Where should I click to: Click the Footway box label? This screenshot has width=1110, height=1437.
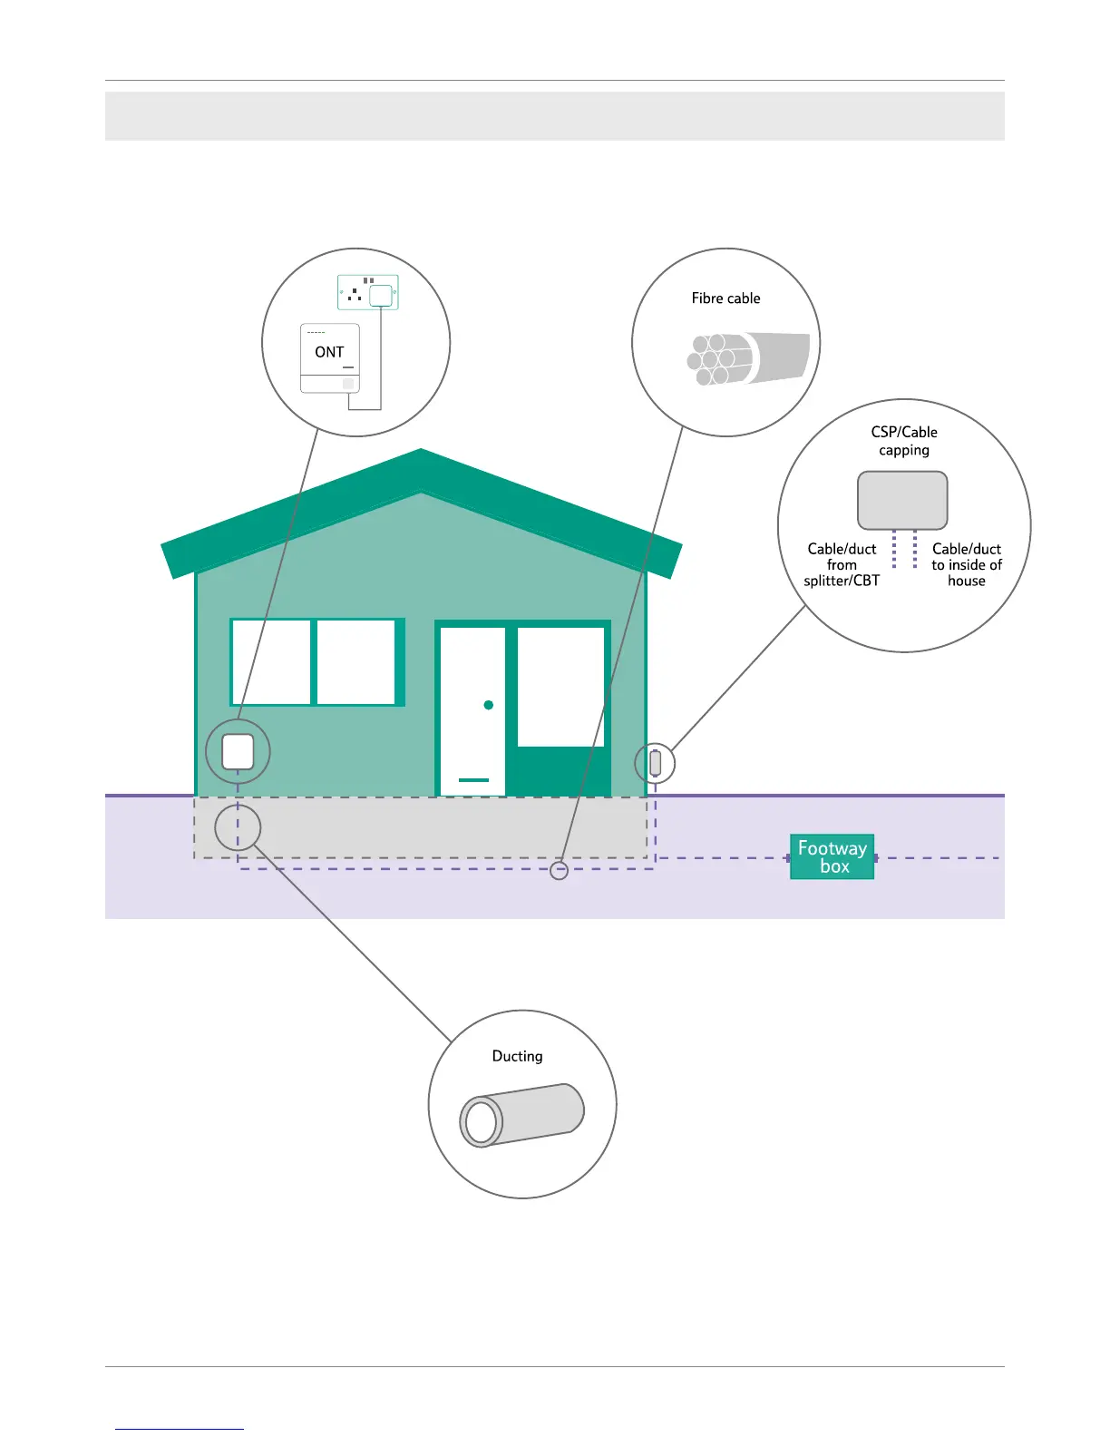click(832, 857)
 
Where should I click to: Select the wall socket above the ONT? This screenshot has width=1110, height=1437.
click(368, 291)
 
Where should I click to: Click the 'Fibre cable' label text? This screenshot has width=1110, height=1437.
click(725, 298)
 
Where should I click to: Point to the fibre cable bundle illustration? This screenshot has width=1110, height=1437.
click(747, 358)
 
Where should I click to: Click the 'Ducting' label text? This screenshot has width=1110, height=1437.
click(517, 1056)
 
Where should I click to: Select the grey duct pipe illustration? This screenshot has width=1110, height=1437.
click(521, 1115)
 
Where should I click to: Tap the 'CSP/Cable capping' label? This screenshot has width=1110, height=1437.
click(904, 441)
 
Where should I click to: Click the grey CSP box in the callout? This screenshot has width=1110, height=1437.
click(902, 500)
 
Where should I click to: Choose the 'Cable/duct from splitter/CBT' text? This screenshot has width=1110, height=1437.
click(842, 564)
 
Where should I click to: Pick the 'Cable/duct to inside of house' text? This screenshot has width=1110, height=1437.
click(967, 564)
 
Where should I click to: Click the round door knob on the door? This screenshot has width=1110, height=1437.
click(489, 705)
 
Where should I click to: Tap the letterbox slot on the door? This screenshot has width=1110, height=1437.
click(473, 779)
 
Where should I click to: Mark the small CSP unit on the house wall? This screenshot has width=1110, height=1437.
click(656, 763)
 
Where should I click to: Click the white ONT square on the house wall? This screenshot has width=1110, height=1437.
click(238, 751)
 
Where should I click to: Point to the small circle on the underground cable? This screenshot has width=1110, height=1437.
click(560, 871)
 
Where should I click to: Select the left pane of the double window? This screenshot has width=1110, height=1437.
click(271, 661)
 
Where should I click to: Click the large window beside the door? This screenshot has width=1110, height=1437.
click(560, 687)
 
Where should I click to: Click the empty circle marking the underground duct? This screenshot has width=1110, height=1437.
click(238, 827)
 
